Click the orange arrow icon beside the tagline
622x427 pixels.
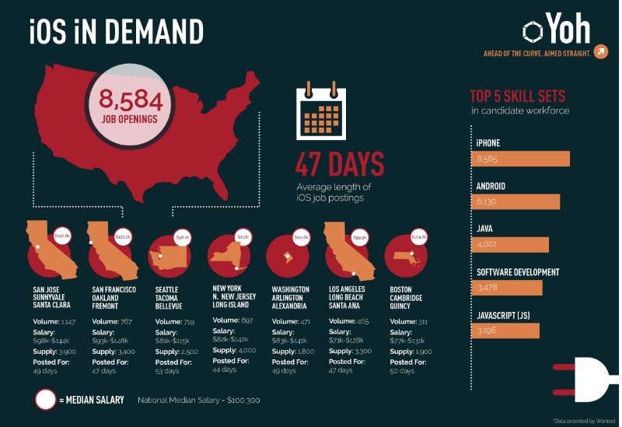tap(600, 52)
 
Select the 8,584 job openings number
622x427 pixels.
tap(130, 100)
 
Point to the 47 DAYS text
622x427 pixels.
tap(339, 164)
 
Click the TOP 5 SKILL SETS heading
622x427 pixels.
tap(517, 97)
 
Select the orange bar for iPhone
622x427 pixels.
tap(520, 159)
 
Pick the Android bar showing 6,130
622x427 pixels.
tap(515, 201)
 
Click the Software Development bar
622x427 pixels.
tap(506, 288)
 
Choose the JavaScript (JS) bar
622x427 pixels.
tap(505, 331)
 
